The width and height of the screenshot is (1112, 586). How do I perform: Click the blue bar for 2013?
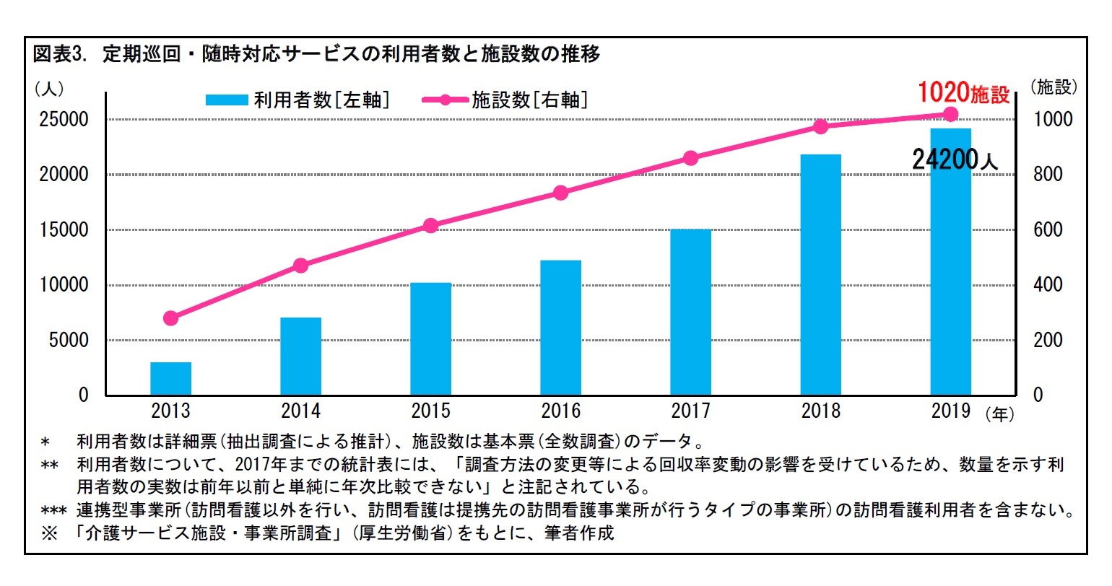(171, 379)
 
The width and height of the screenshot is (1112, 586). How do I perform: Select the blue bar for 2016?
(561, 328)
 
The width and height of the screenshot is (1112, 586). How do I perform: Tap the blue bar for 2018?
(821, 274)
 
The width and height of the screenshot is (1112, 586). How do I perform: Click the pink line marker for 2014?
(301, 266)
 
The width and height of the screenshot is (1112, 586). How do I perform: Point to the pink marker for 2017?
(691, 158)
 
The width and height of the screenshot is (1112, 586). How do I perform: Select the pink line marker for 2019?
(951, 114)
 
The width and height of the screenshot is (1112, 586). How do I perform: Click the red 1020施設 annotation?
(963, 93)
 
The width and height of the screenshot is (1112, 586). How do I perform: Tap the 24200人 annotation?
(955, 159)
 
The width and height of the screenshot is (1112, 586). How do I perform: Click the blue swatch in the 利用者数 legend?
(226, 100)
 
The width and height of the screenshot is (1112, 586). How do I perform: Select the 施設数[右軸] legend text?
(529, 100)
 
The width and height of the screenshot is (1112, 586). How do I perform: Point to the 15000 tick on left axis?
(64, 230)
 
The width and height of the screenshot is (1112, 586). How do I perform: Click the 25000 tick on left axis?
(64, 120)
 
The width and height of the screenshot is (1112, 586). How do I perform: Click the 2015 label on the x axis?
(431, 411)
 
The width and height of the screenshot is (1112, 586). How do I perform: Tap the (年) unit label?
(999, 414)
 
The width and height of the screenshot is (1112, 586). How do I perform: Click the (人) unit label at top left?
(49, 88)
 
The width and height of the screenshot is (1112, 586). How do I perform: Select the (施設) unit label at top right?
(1054, 87)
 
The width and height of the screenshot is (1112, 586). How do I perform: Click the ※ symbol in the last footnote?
(50, 534)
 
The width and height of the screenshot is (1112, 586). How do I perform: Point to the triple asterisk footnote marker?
(53, 511)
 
